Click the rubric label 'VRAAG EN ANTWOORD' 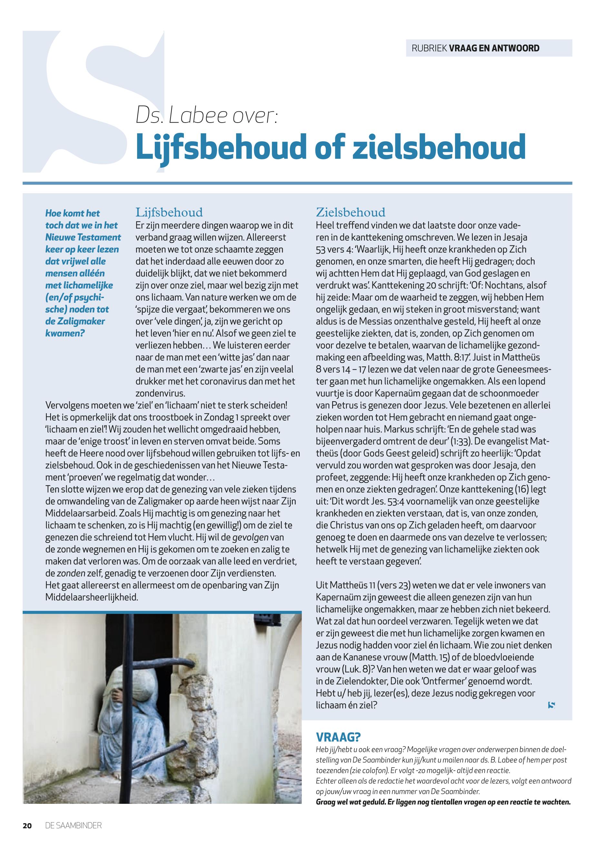pos(494,48)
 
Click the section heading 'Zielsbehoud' pos(351,213)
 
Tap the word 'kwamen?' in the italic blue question pos(65,333)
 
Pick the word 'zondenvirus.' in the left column pos(160,393)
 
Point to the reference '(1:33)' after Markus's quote pos(462,441)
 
